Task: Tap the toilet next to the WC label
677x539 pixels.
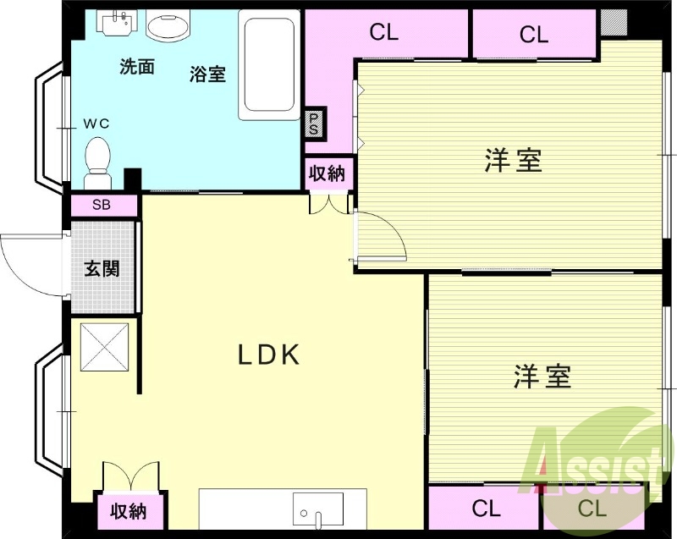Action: click(x=98, y=160)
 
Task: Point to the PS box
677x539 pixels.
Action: click(x=313, y=124)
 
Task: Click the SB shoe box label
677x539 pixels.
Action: click(x=102, y=205)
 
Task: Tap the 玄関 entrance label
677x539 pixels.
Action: click(x=102, y=269)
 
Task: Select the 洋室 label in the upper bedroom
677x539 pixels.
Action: click(x=513, y=160)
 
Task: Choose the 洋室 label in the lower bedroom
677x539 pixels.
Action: click(x=542, y=376)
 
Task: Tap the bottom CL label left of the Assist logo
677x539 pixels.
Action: click(x=486, y=509)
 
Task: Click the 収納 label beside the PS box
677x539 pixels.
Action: click(x=327, y=174)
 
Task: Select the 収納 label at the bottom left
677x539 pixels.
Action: click(x=128, y=511)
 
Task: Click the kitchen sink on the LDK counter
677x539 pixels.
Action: click(x=319, y=510)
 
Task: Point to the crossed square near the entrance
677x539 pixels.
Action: click(x=106, y=346)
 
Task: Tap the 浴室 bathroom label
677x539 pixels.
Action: click(x=207, y=73)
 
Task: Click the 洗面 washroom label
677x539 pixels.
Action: click(x=136, y=67)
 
